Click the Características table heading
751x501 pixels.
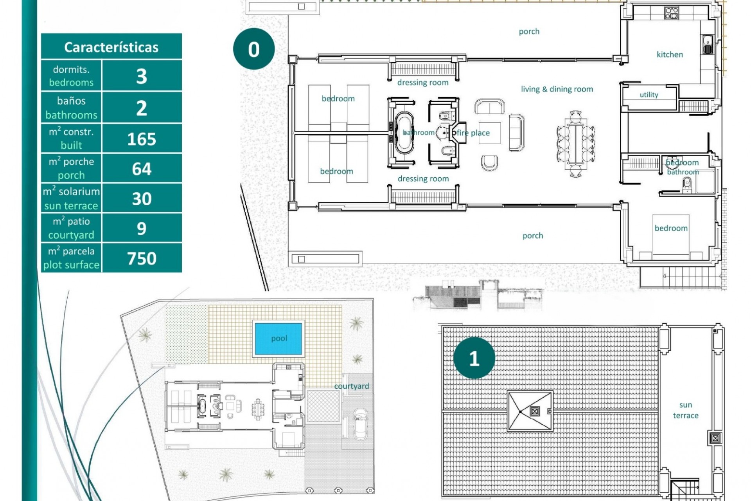pyautogui.click(x=111, y=47)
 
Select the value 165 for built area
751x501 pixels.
pyautogui.click(x=142, y=139)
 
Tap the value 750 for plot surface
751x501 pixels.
pyautogui.click(x=142, y=258)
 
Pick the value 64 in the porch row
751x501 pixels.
pyautogui.click(x=142, y=169)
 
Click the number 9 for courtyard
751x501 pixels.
pyautogui.click(x=142, y=228)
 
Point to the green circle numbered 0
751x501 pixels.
pyautogui.click(x=254, y=49)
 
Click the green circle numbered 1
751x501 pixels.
pyautogui.click(x=474, y=358)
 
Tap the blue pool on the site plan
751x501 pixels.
pyautogui.click(x=278, y=339)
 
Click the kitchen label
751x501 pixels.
pyautogui.click(x=670, y=54)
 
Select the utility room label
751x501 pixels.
pyautogui.click(x=649, y=95)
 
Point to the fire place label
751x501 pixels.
pyautogui.click(x=473, y=133)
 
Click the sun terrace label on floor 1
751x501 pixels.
pyautogui.click(x=686, y=410)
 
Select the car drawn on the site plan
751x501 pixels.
pyautogui.click(x=360, y=424)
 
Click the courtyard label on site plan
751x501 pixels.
pyautogui.click(x=351, y=386)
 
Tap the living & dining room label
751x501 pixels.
pyautogui.click(x=557, y=89)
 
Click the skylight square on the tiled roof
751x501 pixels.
pyautogui.click(x=530, y=411)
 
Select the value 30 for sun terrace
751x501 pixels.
pyautogui.click(x=142, y=198)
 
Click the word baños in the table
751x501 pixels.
pyautogui.click(x=71, y=101)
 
